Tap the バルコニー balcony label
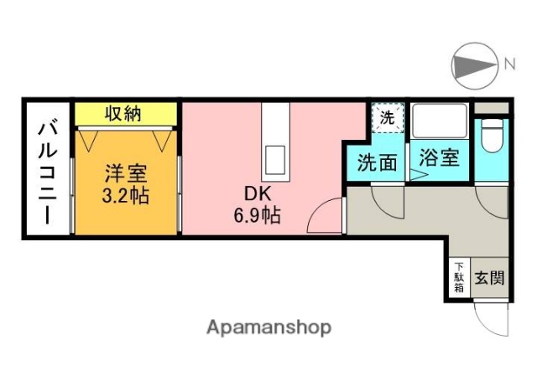tap(46, 172)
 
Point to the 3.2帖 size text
tap(126, 198)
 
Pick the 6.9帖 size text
tap(257, 214)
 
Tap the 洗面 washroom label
tap(377, 162)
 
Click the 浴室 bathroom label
tap(439, 158)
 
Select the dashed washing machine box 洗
tap(387, 118)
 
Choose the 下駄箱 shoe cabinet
tap(459, 277)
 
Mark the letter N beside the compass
tap(508, 64)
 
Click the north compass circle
tap(472, 64)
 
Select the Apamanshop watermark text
tap(268, 327)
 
